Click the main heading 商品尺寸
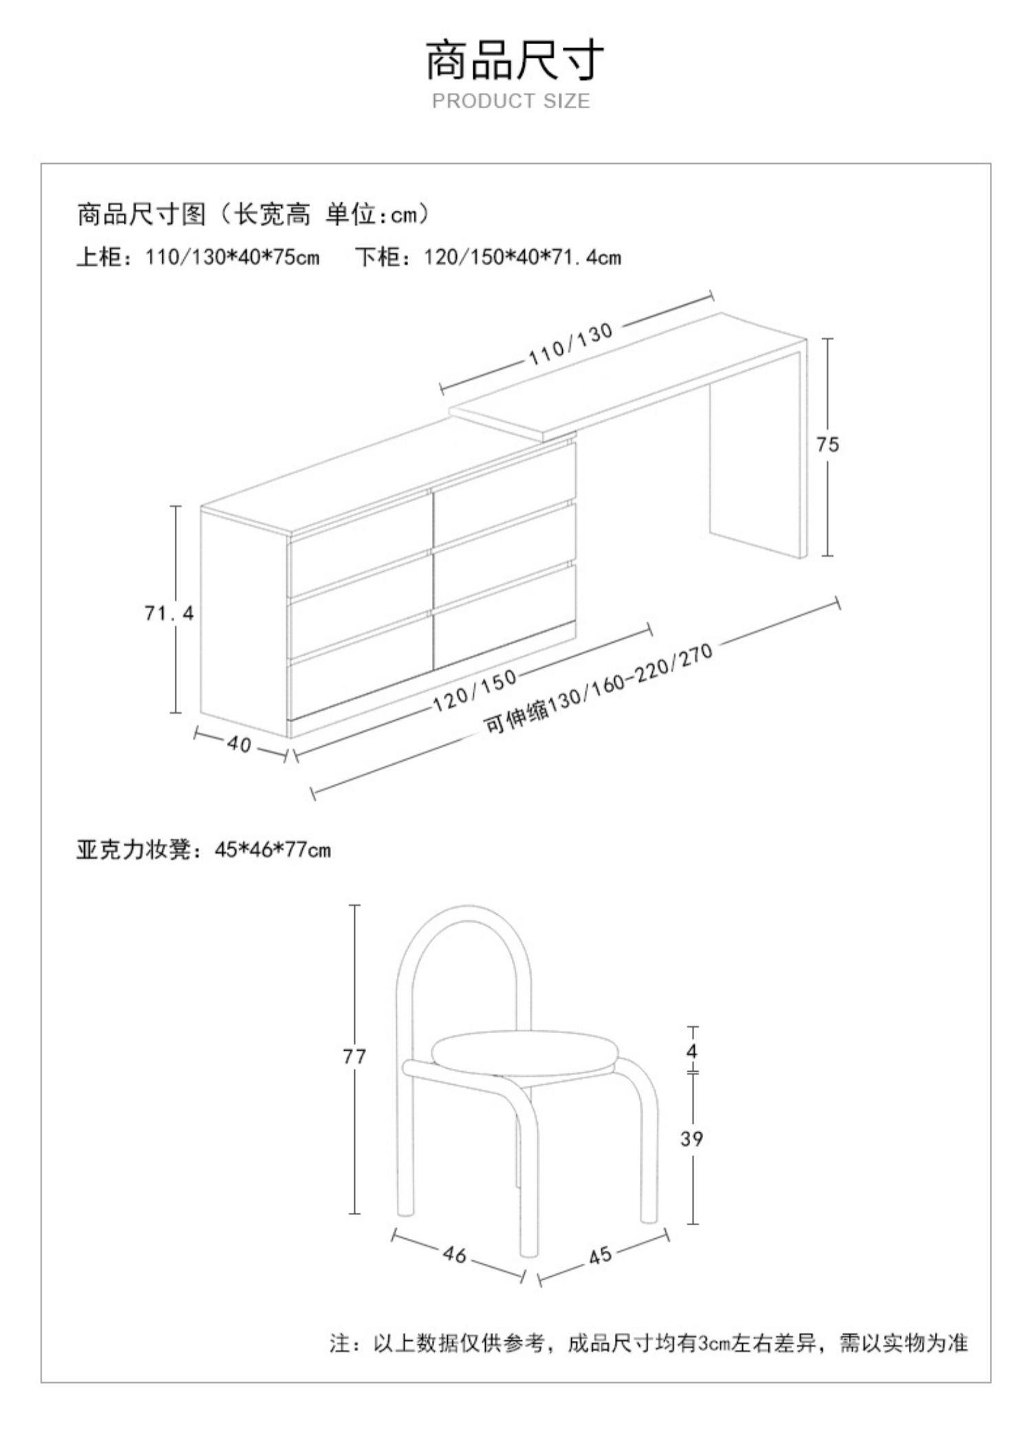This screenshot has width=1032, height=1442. (515, 61)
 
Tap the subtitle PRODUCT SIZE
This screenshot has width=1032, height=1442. (511, 101)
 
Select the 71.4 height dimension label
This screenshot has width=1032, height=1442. (169, 613)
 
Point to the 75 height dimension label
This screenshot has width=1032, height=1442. (828, 445)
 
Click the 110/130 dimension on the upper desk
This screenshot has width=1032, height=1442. (570, 343)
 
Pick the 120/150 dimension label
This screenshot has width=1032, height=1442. (475, 690)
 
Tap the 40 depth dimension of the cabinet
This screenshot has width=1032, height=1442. (239, 744)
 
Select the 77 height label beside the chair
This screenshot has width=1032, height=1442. (354, 1056)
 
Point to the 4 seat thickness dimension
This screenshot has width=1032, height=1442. (692, 1051)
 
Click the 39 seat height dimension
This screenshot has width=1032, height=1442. (692, 1139)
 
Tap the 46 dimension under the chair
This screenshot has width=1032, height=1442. (454, 1254)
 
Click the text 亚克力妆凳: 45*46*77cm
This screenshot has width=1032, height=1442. (204, 851)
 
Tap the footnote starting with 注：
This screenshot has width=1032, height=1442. (649, 1343)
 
